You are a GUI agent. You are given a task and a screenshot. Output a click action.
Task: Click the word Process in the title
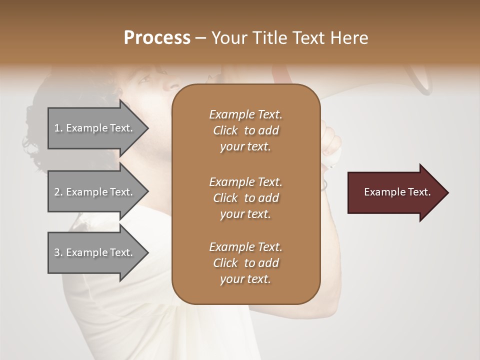157,38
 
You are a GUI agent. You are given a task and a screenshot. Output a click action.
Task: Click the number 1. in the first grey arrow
58,128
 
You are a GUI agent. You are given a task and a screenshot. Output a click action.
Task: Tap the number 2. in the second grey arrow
58,192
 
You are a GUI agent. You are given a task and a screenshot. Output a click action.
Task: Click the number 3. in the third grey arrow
58,252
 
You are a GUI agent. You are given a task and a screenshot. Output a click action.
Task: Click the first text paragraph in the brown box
245,130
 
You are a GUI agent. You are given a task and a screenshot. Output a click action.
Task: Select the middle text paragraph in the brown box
245,198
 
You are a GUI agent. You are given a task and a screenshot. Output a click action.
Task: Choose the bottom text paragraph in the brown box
245,263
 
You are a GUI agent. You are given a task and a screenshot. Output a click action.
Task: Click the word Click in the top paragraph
225,130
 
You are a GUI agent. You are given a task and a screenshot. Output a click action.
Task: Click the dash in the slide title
200,38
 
